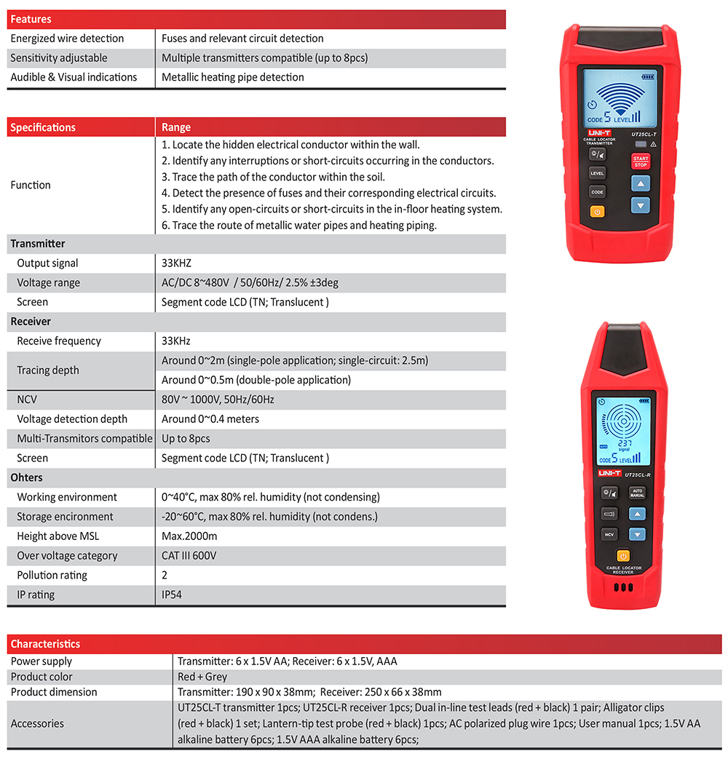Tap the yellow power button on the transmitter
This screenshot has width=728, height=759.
[x=597, y=212]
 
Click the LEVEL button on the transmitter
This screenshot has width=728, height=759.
[x=597, y=173]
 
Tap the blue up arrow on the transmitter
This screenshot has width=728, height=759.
[x=640, y=185]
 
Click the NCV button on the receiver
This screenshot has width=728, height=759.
[x=609, y=534]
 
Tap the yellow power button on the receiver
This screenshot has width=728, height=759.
[x=623, y=557]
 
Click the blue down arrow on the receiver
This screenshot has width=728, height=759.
[x=637, y=534]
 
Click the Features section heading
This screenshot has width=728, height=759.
[x=31, y=20]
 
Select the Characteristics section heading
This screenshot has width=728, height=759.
[x=45, y=644]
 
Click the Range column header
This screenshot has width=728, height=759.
[x=175, y=127]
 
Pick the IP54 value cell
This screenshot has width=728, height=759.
[x=172, y=595]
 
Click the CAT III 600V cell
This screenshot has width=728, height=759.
[x=189, y=555]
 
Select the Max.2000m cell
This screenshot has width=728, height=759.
[x=189, y=536]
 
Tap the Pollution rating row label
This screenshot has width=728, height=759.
[x=52, y=575]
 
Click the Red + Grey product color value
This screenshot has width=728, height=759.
[x=202, y=677]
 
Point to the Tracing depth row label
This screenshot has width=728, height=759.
[x=48, y=370]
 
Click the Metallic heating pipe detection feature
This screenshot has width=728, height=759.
[x=233, y=77]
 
